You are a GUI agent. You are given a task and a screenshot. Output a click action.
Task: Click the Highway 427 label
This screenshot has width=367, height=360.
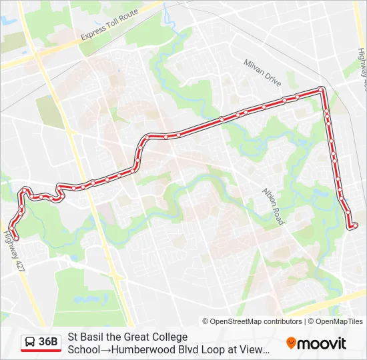tap(13, 250)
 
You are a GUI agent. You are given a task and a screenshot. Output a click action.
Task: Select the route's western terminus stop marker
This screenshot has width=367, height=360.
tap(15, 237)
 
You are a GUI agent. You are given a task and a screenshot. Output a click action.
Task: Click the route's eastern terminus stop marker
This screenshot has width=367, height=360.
tap(354, 226)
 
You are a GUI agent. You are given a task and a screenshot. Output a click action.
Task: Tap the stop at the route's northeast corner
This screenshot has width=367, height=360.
tap(322, 89)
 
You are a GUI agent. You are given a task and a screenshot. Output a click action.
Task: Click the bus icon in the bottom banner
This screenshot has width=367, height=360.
tap(30, 343)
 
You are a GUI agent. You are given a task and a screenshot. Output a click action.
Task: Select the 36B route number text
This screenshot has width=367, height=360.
tap(49, 343)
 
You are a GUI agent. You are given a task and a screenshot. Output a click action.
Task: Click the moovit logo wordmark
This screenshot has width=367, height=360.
tap(322, 343)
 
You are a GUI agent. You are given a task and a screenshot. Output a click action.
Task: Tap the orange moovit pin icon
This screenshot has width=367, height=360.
tap(292, 343)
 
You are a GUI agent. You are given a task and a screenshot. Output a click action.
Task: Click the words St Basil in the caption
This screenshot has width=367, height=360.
tap(82, 337)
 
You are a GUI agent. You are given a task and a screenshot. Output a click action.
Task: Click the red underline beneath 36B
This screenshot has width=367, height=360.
tap(41, 351)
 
